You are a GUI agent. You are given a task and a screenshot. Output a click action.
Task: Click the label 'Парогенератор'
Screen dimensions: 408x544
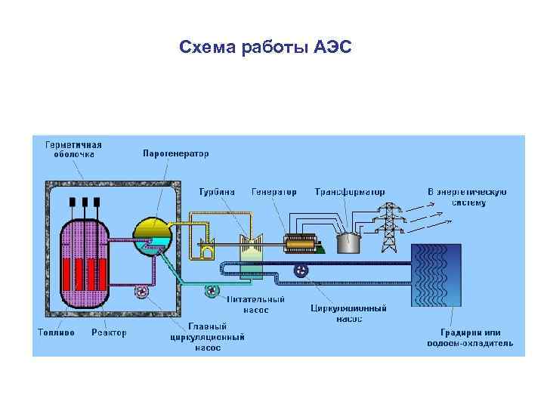click(x=176, y=153)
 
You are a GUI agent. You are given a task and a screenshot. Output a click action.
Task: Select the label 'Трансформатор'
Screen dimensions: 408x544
click(x=350, y=192)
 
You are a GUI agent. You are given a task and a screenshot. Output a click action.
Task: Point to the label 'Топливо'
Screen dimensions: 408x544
click(x=57, y=332)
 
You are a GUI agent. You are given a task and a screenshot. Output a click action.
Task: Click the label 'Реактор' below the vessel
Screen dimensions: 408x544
click(x=110, y=332)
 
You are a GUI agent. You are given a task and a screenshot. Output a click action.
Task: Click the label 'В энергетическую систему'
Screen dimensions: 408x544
click(x=466, y=196)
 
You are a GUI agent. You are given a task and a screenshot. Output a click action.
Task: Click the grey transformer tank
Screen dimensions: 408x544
click(x=348, y=243)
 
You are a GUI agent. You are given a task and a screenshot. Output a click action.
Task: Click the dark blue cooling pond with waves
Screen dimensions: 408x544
click(x=435, y=275)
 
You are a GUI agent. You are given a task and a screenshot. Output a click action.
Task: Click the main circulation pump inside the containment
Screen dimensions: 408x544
click(x=141, y=290)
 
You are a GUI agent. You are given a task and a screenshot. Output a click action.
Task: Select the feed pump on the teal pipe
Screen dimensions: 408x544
click(x=212, y=290)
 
